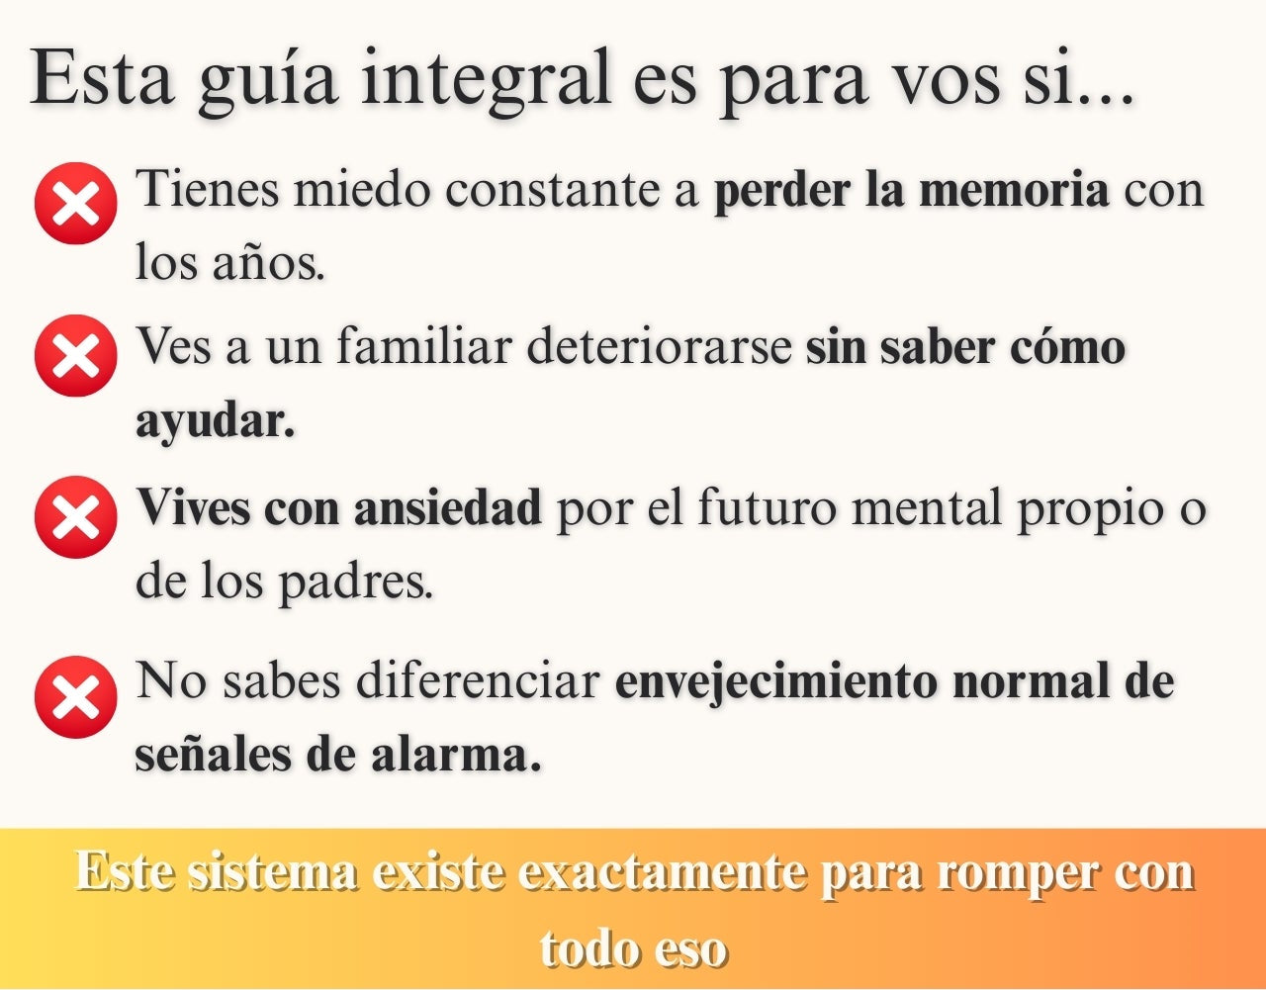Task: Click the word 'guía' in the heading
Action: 267,81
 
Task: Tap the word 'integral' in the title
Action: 486,80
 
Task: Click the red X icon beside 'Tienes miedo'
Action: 76,203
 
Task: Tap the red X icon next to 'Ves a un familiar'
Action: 76,356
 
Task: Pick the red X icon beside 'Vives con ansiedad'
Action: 76,517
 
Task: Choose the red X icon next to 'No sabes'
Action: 76,697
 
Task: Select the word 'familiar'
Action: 424,347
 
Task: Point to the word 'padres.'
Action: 356,583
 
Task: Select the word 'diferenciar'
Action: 478,680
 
